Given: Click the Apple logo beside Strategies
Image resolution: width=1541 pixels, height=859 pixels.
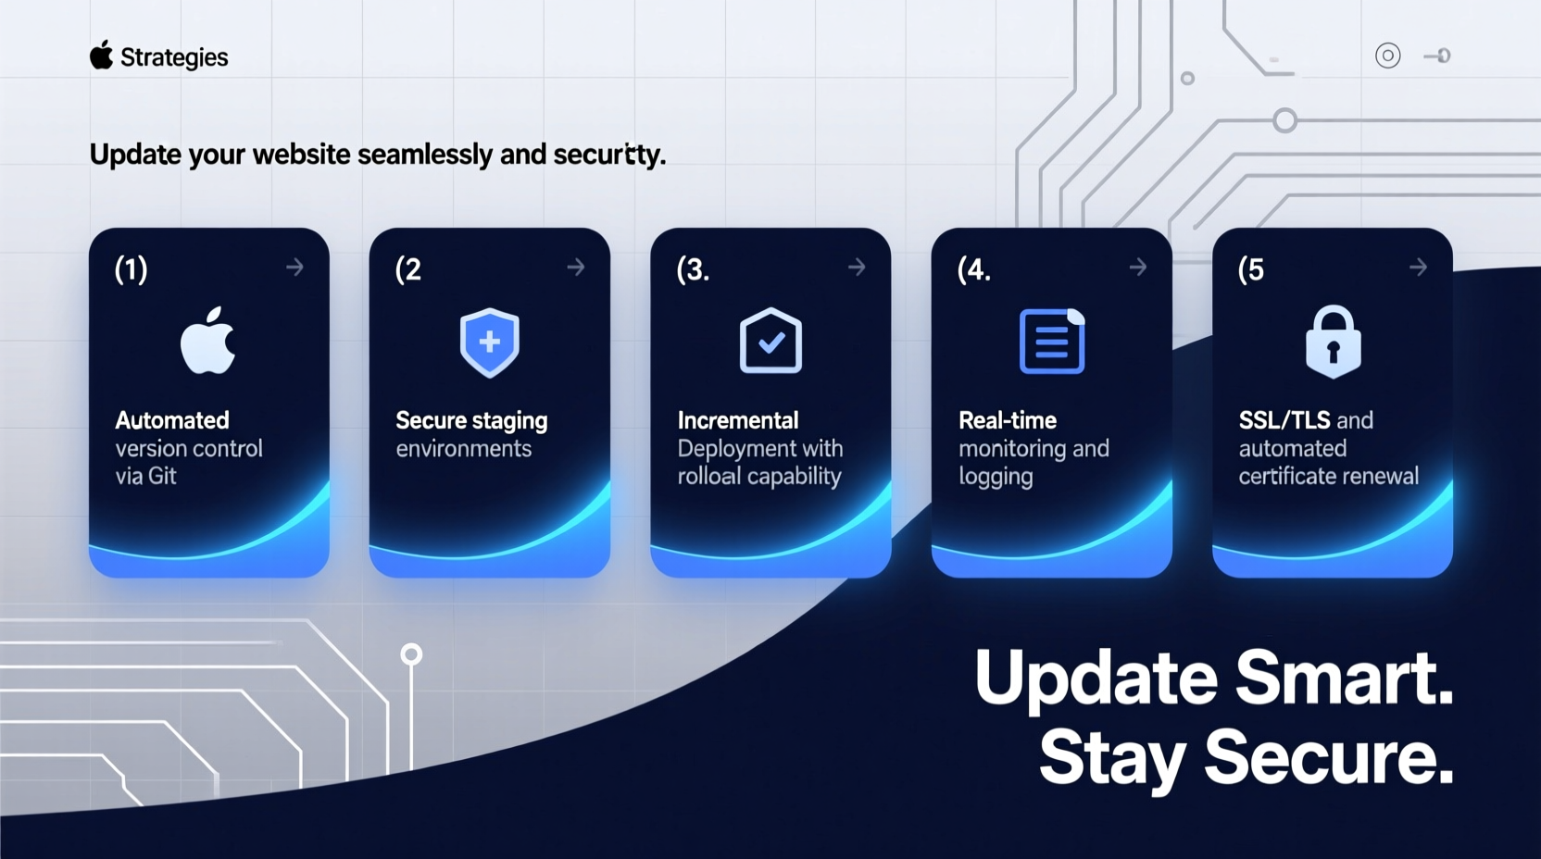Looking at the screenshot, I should [x=101, y=56].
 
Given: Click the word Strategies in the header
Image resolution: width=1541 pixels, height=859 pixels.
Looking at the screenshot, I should [x=174, y=57].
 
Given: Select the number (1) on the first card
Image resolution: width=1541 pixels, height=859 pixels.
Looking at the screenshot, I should [x=131, y=269].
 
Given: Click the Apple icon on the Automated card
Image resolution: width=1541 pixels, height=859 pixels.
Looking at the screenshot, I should [x=208, y=341].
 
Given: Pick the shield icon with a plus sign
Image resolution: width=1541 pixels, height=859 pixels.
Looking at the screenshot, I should [x=489, y=342].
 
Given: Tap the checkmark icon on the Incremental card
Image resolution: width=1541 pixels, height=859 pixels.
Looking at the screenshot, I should [x=770, y=342].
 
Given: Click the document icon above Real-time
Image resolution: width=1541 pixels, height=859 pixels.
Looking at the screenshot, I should [x=1051, y=342].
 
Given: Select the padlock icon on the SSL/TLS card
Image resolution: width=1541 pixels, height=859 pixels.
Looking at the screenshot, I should [x=1333, y=342].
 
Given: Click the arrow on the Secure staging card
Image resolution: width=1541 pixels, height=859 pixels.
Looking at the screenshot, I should [x=576, y=268].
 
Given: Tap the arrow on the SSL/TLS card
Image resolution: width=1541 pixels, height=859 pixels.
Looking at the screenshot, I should [x=1418, y=268].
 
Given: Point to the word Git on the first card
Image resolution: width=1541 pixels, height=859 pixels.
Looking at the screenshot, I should [x=162, y=476].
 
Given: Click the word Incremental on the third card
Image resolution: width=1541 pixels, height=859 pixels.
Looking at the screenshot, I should [x=737, y=420].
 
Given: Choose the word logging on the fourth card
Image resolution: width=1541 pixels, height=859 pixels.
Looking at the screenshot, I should [x=996, y=477].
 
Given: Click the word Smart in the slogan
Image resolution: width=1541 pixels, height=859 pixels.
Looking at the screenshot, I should [x=1344, y=678].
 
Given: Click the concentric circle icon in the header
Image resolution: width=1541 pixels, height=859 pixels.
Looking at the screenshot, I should [x=1387, y=56].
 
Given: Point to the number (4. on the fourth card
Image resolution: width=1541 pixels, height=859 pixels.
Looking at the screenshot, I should [x=973, y=269].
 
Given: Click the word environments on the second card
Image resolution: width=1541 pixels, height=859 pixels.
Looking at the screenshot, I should [x=463, y=449].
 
